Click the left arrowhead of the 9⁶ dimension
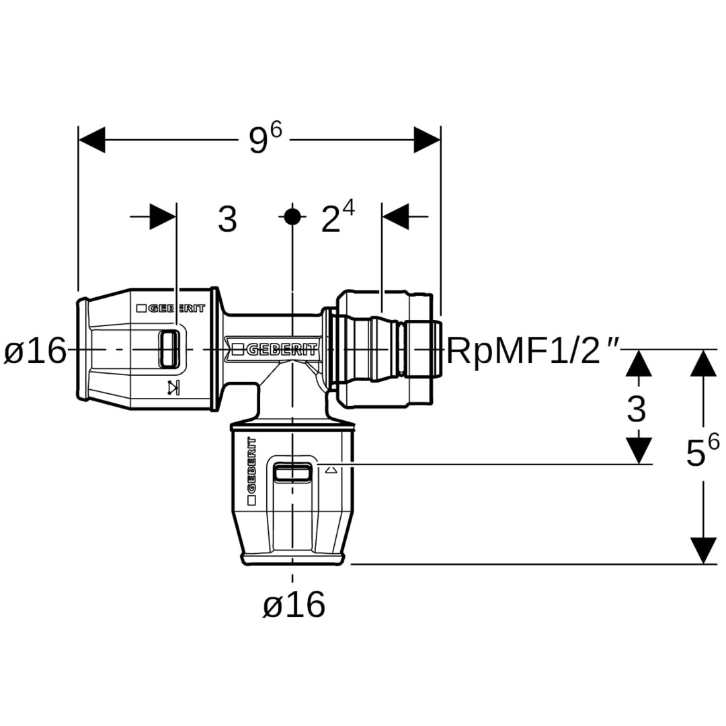(92, 140)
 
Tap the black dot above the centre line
(292, 216)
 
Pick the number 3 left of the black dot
(227, 219)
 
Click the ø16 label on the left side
(36, 351)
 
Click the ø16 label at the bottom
(294, 606)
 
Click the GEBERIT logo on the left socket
(168, 309)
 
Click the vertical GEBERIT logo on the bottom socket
(252, 471)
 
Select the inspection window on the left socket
(169, 349)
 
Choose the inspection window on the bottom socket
(292, 473)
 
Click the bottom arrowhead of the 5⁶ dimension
(704, 551)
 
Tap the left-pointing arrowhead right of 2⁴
(396, 216)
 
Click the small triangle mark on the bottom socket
(329, 471)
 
